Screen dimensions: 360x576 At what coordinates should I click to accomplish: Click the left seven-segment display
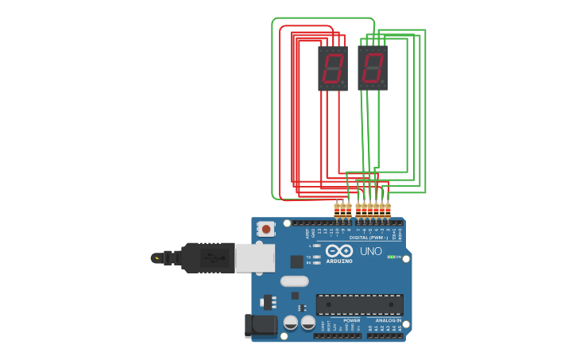pyautogui.click(x=333, y=68)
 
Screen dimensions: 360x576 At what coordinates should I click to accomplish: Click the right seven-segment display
pyautogui.click(x=372, y=68)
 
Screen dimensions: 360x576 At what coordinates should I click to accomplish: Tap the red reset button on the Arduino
pyautogui.click(x=266, y=229)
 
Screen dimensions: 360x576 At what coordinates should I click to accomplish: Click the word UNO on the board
pyautogui.click(x=370, y=251)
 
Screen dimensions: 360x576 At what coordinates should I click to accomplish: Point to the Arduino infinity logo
pyautogui.click(x=339, y=250)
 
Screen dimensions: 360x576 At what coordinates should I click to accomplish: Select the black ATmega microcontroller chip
pyautogui.click(x=359, y=304)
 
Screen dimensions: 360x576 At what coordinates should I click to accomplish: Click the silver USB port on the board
pyautogui.click(x=255, y=258)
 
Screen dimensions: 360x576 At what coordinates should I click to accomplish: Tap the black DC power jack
pyautogui.click(x=261, y=324)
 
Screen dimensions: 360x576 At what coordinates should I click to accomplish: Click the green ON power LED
pyautogui.click(x=391, y=257)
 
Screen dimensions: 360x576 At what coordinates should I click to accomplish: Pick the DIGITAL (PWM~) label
pyautogui.click(x=369, y=238)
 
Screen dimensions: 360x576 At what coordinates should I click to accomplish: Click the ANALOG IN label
pyautogui.click(x=388, y=320)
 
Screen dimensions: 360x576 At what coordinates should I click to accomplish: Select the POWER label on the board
pyautogui.click(x=351, y=320)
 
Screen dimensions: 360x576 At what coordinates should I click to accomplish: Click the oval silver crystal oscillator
pyautogui.click(x=294, y=281)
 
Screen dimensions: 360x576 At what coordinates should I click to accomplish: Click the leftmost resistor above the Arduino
pyautogui.click(x=337, y=210)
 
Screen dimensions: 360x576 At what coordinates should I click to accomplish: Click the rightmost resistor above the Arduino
pyautogui.click(x=388, y=210)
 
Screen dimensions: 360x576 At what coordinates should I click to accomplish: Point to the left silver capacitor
pyautogui.click(x=291, y=323)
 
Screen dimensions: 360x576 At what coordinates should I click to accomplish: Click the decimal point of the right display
pyautogui.click(x=383, y=82)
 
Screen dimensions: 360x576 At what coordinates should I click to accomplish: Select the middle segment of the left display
pyautogui.click(x=333, y=68)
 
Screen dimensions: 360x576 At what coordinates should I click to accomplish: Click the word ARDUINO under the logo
pyautogui.click(x=339, y=261)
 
